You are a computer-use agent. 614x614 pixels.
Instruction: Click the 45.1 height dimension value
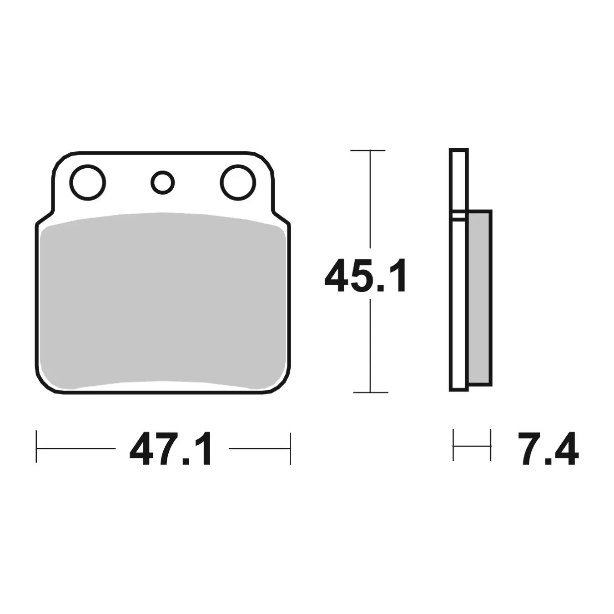[x=366, y=276]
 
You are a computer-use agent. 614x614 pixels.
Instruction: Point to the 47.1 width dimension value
[x=170, y=448]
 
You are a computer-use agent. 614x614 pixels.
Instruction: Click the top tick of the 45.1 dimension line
[x=367, y=150]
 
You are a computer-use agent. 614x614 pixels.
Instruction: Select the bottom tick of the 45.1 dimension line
[x=371, y=393]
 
